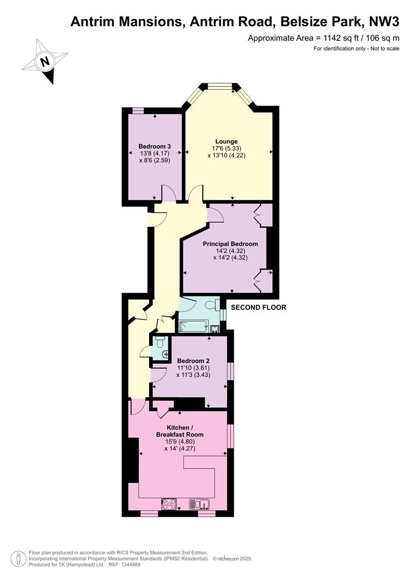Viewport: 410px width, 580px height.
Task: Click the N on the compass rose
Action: pos(45,61)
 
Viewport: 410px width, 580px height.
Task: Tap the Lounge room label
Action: pos(226,141)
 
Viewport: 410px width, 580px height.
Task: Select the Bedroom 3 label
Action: pos(155,147)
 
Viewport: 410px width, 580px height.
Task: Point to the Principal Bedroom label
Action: pos(230,244)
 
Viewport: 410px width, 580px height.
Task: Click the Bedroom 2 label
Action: pos(193,361)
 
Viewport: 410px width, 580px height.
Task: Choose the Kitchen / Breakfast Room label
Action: pos(180,431)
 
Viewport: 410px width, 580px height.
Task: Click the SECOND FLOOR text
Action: pos(259,307)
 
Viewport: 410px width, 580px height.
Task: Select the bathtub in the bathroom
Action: pos(193,327)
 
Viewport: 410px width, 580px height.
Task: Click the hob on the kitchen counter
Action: pos(169,504)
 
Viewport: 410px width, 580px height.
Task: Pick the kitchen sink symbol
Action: pos(200,504)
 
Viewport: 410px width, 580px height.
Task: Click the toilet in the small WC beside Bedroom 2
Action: pos(160,342)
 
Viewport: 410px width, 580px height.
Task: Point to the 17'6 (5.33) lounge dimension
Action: pos(226,148)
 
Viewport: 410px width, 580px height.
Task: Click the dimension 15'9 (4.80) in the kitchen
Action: pos(180,441)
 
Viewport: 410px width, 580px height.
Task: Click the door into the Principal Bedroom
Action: pos(215,215)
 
